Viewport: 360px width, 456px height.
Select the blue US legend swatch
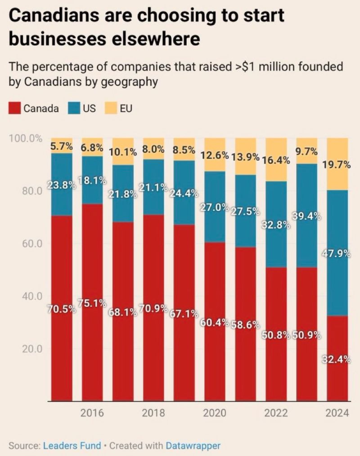(x=74, y=108)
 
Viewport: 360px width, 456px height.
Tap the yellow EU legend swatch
(x=110, y=108)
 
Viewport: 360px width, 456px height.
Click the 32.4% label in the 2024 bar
(x=336, y=359)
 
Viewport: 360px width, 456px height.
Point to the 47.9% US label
(x=336, y=254)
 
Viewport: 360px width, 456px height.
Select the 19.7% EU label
(x=336, y=165)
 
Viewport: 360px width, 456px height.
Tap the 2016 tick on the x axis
(x=92, y=413)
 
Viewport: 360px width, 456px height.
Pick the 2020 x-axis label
(x=215, y=413)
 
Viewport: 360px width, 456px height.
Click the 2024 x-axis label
(x=337, y=413)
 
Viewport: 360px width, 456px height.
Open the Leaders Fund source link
(x=72, y=446)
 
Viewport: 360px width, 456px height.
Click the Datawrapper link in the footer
(x=193, y=446)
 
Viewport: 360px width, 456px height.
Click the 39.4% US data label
(x=306, y=216)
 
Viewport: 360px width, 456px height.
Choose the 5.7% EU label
(x=61, y=147)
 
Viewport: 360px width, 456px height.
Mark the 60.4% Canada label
(x=214, y=323)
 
